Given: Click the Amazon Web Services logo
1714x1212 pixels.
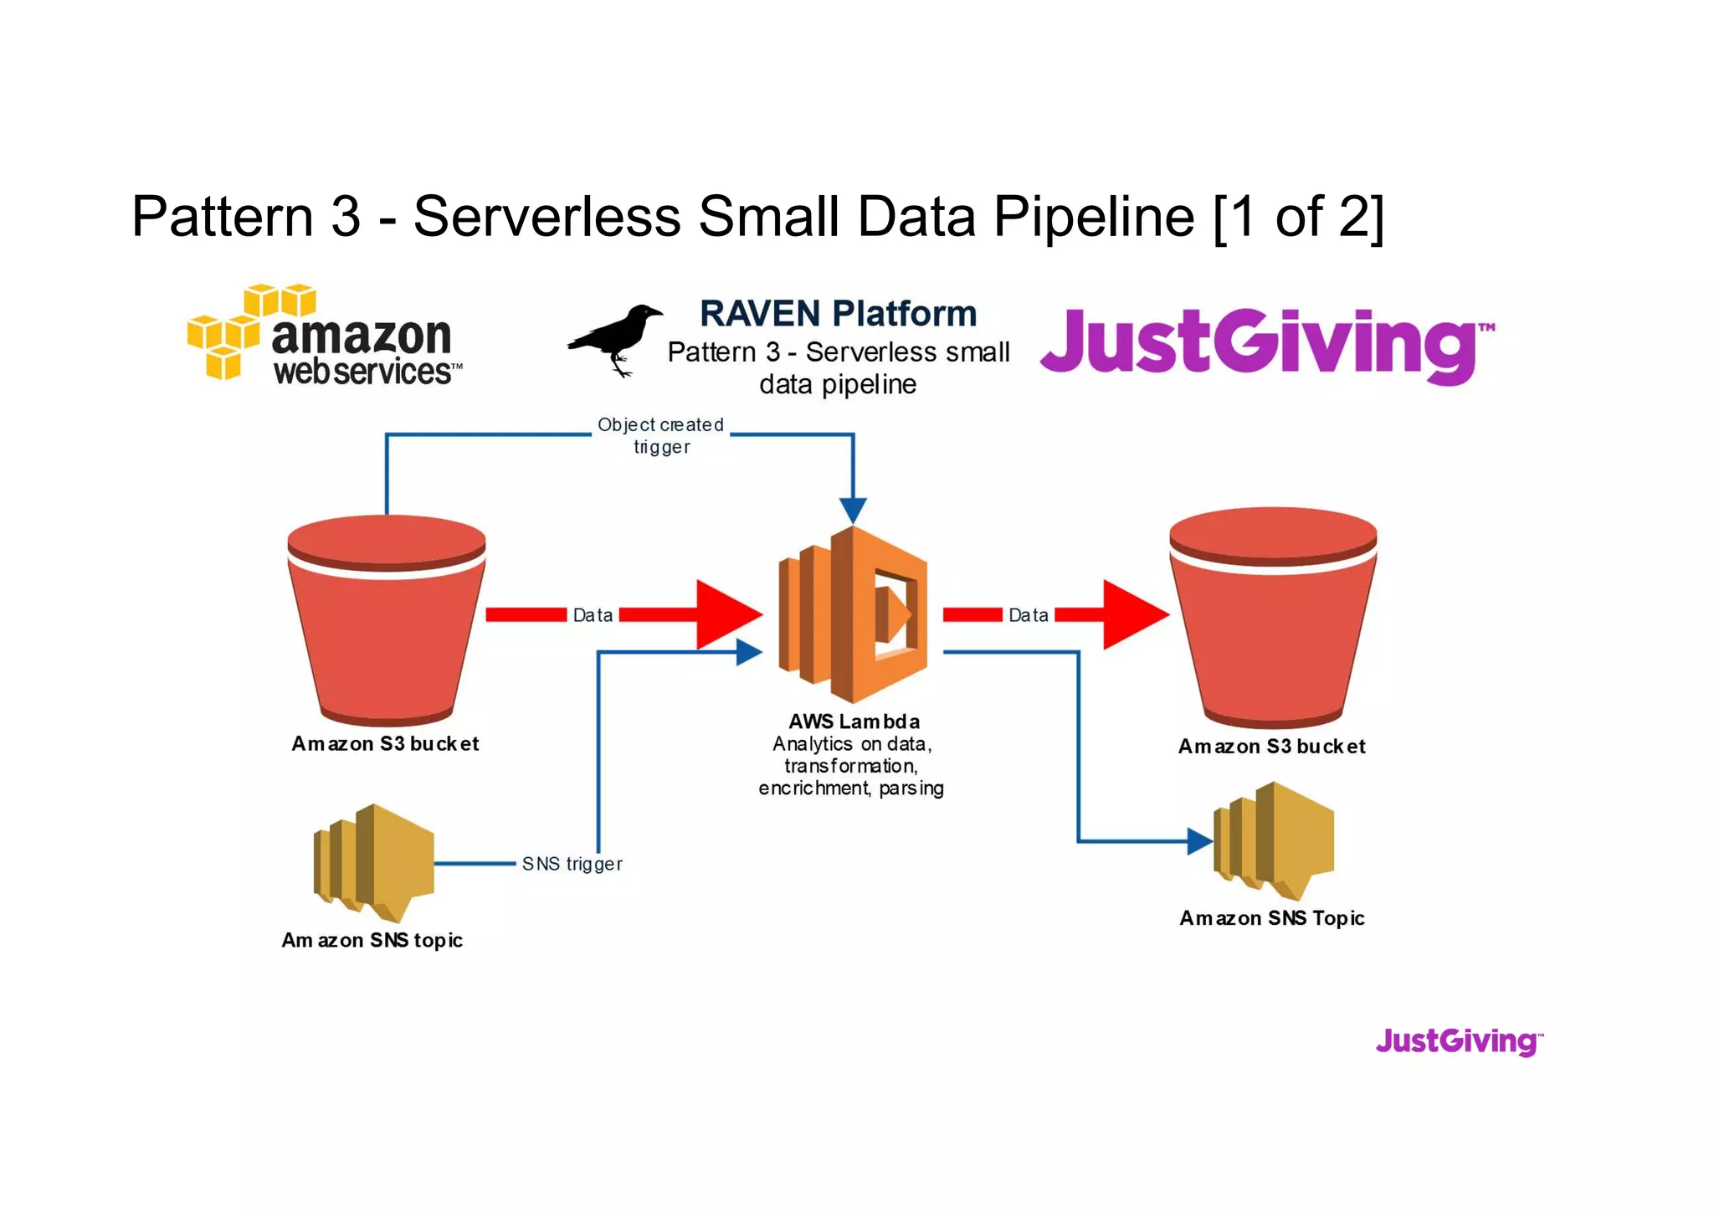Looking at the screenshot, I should tap(325, 335).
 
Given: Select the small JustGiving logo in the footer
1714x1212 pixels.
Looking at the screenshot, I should tap(1459, 1041).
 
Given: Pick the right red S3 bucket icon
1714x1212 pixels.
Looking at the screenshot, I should tap(1272, 619).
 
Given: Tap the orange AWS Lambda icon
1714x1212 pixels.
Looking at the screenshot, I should tap(852, 615).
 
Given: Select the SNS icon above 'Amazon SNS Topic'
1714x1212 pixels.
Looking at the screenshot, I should tap(1273, 840).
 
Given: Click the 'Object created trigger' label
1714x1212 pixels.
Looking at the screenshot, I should tap(660, 435).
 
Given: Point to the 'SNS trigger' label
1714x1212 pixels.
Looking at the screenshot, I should tap(572, 864).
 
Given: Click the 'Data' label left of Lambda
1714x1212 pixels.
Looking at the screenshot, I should tap(593, 615).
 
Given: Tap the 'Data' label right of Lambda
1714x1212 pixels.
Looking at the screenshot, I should tap(1028, 615).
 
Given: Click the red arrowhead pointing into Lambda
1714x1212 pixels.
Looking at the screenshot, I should tap(726, 615).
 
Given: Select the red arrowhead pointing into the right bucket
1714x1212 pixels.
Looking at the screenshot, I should tap(1133, 615).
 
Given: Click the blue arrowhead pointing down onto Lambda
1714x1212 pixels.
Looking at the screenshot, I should tap(853, 510).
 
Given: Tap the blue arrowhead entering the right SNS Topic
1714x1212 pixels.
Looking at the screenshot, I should tap(1200, 841).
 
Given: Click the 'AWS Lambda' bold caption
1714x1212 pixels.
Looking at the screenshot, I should tap(854, 722).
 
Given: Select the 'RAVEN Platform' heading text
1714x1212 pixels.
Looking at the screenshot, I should tap(838, 314).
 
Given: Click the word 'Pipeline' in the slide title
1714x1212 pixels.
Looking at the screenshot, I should tap(1093, 216).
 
